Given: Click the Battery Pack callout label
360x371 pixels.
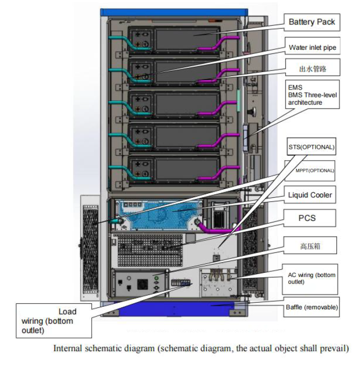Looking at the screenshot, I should tap(312, 22).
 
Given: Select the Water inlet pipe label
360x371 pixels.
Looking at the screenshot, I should tap(312, 48).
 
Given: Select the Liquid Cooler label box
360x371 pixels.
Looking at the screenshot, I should tap(310, 195).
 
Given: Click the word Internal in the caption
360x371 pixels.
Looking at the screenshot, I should tap(67, 348).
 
